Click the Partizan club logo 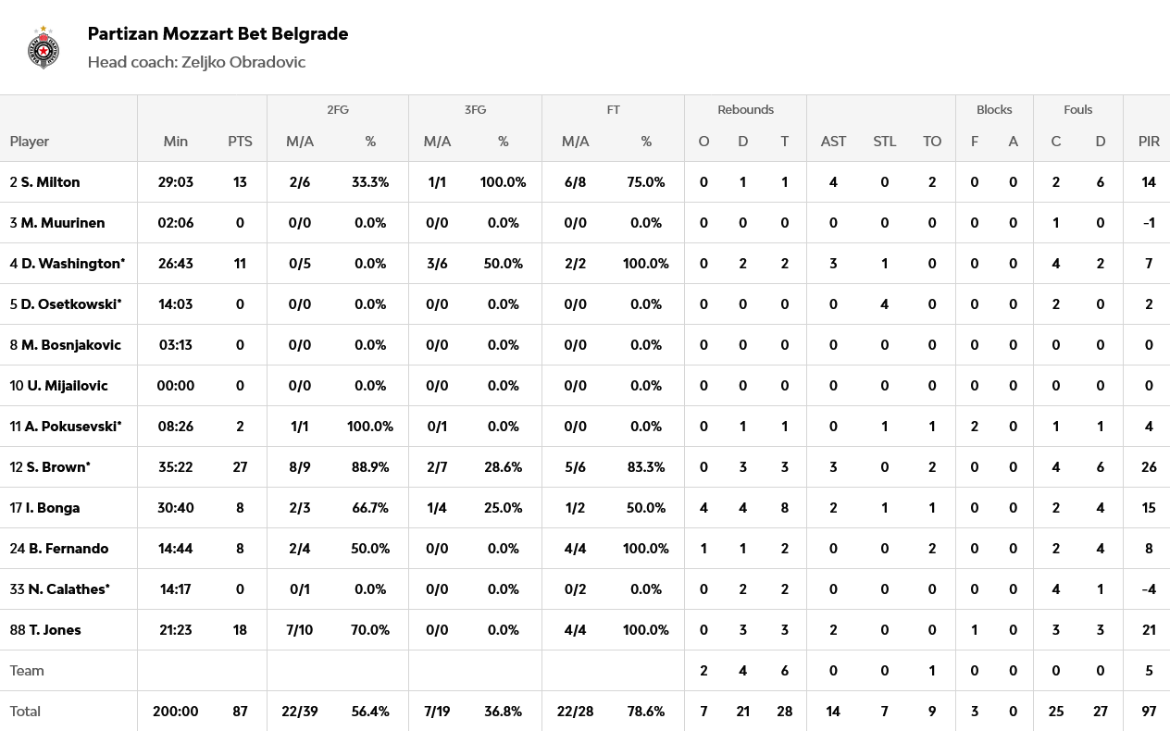(x=44, y=48)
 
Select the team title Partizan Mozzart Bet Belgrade (x=218, y=33)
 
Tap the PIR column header (x=1149, y=142)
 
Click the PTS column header (x=240, y=142)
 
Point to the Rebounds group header (x=745, y=109)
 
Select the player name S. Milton (x=50, y=182)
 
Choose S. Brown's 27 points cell (x=240, y=467)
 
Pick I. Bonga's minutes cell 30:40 (x=175, y=508)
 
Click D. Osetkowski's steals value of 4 (x=884, y=304)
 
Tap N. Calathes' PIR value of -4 (x=1149, y=589)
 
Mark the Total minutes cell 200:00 (x=175, y=712)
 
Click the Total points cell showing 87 (x=240, y=712)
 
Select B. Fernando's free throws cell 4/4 (x=575, y=549)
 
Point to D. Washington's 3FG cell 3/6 (x=437, y=264)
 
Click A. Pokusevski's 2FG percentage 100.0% (x=370, y=427)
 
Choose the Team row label (x=27, y=671)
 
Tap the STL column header (x=884, y=142)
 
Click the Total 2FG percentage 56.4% (x=370, y=712)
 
